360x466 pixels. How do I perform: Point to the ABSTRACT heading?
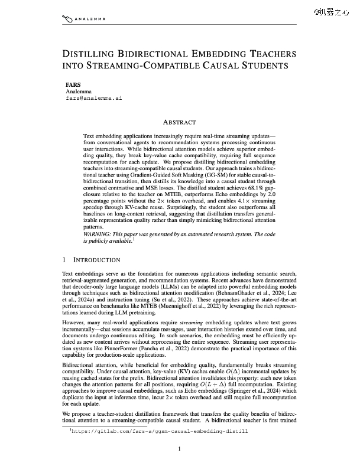click(179, 122)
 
